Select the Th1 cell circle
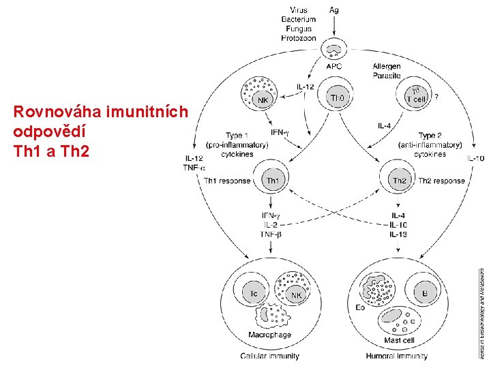pos(272,180)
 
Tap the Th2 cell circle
pos(398,180)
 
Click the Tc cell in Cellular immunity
pos(254,294)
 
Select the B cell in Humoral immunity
pos(425,294)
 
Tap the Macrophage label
pos(269,335)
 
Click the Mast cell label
pos(399,340)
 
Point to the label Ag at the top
pos(334,10)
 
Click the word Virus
pos(299,10)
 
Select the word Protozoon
pos(299,38)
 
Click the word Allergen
pos(387,66)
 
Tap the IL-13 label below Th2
pos(398,234)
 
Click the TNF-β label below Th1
pos(271,234)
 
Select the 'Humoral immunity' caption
pos(397,356)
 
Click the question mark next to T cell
pos(436,97)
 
